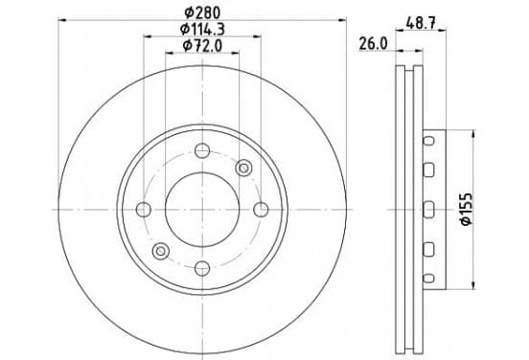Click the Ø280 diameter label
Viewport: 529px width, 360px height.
[x=202, y=12]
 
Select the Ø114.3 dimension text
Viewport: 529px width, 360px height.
[x=202, y=30]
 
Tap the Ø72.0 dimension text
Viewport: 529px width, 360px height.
[x=202, y=46]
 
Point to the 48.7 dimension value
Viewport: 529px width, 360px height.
[x=421, y=24]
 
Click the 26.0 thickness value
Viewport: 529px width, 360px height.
[x=373, y=44]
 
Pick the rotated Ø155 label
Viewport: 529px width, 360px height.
[x=467, y=209]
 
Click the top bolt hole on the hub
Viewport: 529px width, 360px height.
[x=202, y=150]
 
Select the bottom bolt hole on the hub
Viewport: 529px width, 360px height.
[x=202, y=268]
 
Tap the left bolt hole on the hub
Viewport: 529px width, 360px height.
[x=144, y=210]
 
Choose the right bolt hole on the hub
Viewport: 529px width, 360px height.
[x=261, y=210]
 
